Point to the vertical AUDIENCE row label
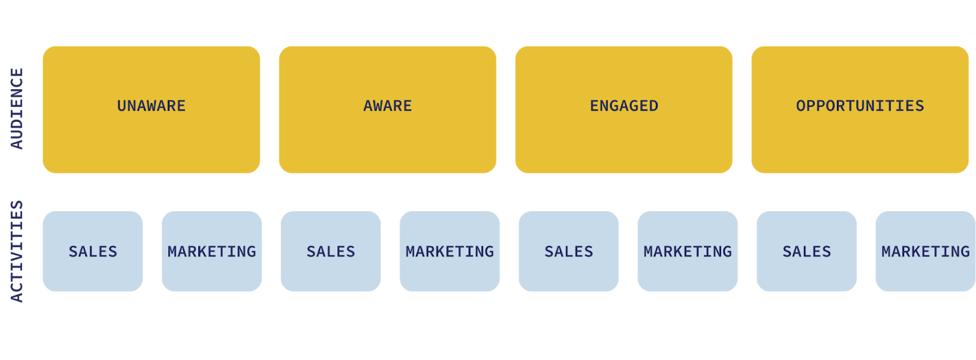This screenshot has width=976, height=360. pyautogui.click(x=17, y=109)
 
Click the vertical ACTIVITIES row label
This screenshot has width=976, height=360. pyautogui.click(x=17, y=251)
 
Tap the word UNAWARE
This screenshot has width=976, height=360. pyautogui.click(x=151, y=106)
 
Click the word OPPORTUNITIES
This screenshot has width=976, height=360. pyautogui.click(x=860, y=106)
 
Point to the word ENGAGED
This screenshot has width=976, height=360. pyautogui.click(x=624, y=106)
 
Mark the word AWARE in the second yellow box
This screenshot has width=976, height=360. pyautogui.click(x=388, y=106)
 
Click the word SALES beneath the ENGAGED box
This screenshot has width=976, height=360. pyautogui.click(x=569, y=251)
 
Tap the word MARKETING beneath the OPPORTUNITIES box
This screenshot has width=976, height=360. pyautogui.click(x=925, y=251)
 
